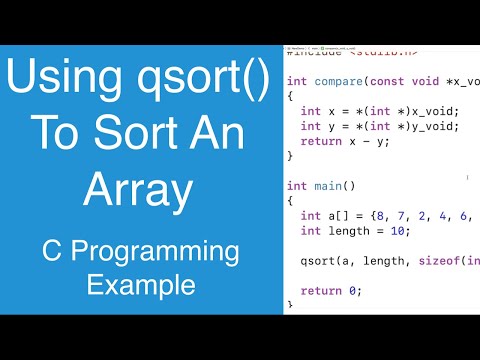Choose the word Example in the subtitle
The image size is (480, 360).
pyautogui.click(x=140, y=285)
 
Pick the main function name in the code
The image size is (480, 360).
pyautogui.click(x=330, y=186)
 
